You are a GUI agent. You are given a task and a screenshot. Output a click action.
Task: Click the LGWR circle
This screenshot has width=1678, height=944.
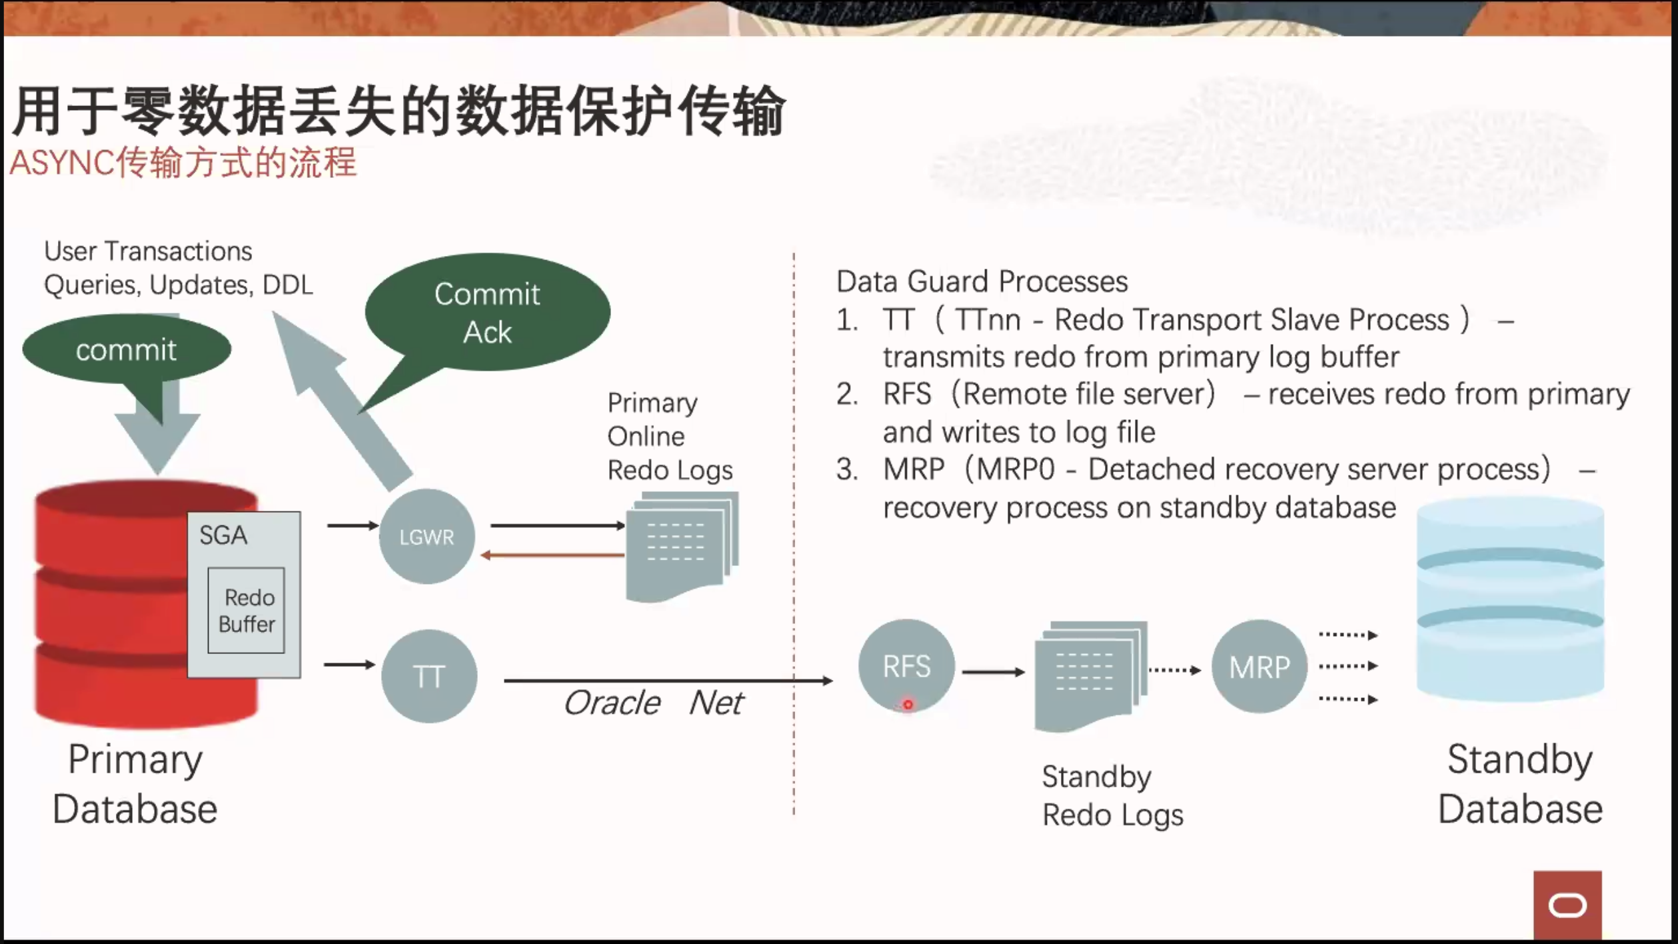point(426,537)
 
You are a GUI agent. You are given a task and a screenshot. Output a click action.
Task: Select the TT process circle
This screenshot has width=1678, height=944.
point(429,676)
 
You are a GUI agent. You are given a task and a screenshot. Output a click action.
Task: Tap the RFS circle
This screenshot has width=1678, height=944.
point(906,666)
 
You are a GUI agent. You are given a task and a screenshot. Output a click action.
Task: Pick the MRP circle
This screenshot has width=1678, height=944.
point(1259,667)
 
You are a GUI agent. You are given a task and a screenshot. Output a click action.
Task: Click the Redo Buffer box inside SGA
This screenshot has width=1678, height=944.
point(247,610)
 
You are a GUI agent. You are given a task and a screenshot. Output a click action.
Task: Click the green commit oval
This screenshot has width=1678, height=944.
point(127,349)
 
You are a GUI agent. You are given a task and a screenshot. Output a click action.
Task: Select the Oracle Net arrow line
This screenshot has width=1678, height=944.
point(668,681)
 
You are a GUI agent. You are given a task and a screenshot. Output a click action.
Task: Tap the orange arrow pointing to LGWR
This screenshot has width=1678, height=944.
point(552,555)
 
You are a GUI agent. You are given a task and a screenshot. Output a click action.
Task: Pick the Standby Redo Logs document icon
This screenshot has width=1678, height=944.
point(1091,676)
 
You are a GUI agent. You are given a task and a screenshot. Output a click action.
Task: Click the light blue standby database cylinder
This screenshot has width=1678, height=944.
point(1510,600)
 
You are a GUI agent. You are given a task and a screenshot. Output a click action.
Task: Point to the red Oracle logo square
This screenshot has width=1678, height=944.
point(1567,905)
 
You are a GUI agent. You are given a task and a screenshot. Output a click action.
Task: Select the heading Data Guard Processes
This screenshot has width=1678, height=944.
point(982,281)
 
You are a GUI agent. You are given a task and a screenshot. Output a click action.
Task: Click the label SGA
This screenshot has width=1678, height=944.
point(223,535)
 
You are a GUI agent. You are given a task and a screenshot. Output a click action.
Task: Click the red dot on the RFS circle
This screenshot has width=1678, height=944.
point(908,704)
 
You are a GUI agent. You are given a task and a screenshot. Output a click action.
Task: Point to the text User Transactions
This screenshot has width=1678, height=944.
point(148,251)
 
